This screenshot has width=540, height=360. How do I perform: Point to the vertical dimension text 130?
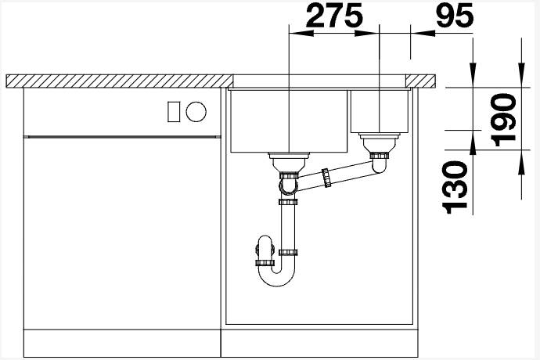[x=455, y=186]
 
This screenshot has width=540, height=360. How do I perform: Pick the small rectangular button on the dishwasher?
[x=174, y=112]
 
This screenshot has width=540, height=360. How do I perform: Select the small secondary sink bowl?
[x=379, y=111]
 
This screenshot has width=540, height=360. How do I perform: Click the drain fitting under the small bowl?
[x=380, y=145]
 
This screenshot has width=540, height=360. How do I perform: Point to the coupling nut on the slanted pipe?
[x=326, y=178]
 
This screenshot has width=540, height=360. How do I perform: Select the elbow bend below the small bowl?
[x=380, y=165]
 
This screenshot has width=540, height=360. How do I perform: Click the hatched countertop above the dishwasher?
[x=117, y=81]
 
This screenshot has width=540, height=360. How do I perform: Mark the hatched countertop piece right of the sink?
[x=422, y=81]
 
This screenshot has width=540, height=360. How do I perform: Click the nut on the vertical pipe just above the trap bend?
[x=288, y=252]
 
